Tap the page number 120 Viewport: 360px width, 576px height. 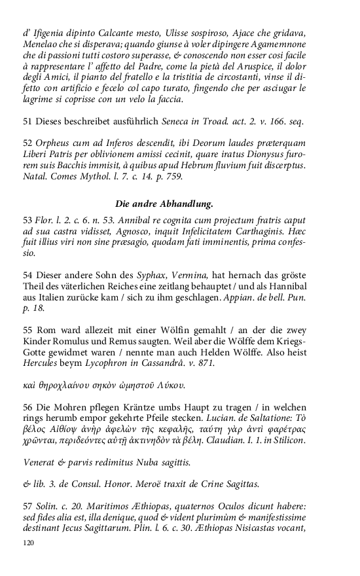point(28,542)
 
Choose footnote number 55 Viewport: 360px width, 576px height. point(27,327)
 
